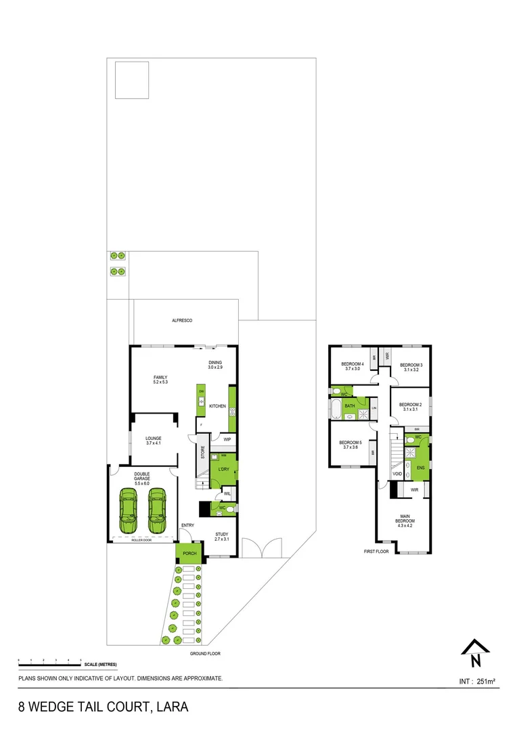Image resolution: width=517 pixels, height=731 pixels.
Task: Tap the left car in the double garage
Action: pyautogui.click(x=128, y=511)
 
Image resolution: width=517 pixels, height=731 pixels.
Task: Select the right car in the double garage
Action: pyautogui.click(x=157, y=511)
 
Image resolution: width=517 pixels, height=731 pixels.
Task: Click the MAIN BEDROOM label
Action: pyautogui.click(x=404, y=519)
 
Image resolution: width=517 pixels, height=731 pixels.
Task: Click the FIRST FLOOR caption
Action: pyautogui.click(x=376, y=552)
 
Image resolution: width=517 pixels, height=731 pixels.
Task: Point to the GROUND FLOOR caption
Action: pyautogui.click(x=206, y=654)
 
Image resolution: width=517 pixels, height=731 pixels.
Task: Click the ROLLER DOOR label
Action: pyautogui.click(x=141, y=540)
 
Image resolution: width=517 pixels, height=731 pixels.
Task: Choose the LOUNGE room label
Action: pyautogui.click(x=154, y=440)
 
